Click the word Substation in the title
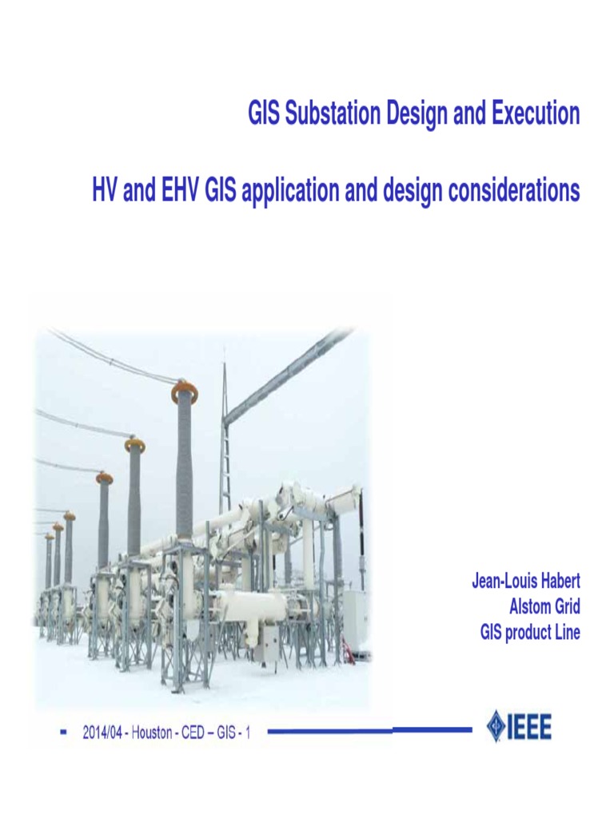point(326,115)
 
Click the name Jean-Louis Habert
point(524,581)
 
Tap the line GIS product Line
point(529,633)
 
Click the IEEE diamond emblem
point(496,726)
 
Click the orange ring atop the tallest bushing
point(185,392)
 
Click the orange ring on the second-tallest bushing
point(135,445)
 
